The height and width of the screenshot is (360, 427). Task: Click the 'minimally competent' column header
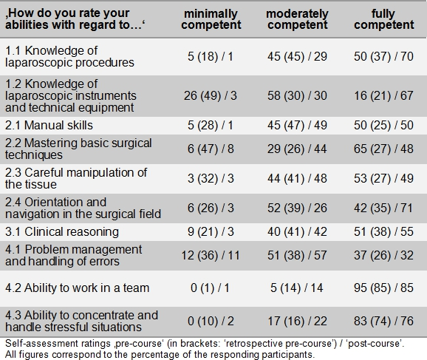click(211, 19)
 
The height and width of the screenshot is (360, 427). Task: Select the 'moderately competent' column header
click(297, 19)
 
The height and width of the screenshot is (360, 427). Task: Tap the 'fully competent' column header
click(383, 19)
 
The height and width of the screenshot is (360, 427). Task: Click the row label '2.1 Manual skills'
click(49, 126)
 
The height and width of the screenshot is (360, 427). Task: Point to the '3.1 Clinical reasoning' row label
click(62, 231)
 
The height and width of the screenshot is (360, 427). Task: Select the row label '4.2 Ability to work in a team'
click(78, 288)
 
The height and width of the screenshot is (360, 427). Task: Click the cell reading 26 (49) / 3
click(211, 95)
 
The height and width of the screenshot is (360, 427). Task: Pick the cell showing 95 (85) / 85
click(383, 288)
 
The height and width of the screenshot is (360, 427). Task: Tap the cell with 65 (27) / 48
click(383, 149)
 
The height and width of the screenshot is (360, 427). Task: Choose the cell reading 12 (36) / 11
click(211, 255)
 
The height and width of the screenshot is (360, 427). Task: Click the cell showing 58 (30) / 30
click(297, 95)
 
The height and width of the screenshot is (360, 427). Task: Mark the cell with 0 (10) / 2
click(211, 321)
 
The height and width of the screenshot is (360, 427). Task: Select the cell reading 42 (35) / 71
click(383, 208)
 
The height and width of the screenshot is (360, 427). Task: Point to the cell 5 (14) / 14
click(297, 288)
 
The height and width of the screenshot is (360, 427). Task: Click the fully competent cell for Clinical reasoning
click(383, 231)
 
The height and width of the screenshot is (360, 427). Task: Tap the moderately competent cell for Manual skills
click(297, 126)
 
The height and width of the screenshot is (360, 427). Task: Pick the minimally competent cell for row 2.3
click(211, 178)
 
